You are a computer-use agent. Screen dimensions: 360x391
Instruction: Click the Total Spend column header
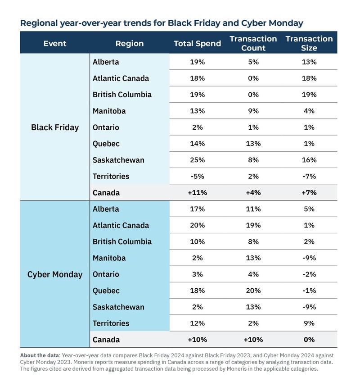pyautogui.click(x=197, y=43)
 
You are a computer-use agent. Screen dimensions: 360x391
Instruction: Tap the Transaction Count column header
pyautogui.click(x=253, y=43)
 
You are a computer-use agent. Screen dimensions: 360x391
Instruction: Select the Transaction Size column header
pyautogui.click(x=309, y=43)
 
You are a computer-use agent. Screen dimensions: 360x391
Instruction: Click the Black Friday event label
pyautogui.click(x=55, y=127)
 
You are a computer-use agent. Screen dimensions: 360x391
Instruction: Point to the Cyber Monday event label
pyautogui.click(x=55, y=274)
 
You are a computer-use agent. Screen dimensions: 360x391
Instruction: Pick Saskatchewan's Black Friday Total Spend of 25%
pyautogui.click(x=197, y=160)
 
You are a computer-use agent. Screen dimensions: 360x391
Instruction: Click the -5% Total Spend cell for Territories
pyautogui.click(x=197, y=176)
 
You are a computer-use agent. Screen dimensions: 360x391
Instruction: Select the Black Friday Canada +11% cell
pyautogui.click(x=197, y=192)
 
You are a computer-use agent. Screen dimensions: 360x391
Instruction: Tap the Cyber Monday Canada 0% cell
pyautogui.click(x=309, y=340)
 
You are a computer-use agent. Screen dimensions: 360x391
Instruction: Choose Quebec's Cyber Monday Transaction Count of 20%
pyautogui.click(x=253, y=291)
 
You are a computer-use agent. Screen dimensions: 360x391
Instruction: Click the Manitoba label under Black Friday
pyautogui.click(x=109, y=111)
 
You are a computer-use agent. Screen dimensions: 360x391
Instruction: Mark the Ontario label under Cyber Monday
pyautogui.click(x=106, y=274)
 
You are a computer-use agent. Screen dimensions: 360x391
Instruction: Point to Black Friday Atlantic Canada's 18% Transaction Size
pyautogui.click(x=309, y=78)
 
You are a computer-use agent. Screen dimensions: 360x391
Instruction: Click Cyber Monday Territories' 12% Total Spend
pyautogui.click(x=197, y=323)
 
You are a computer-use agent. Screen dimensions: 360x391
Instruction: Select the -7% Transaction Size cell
pyautogui.click(x=309, y=176)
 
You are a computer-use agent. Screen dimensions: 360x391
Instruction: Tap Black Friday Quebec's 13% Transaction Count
pyautogui.click(x=253, y=144)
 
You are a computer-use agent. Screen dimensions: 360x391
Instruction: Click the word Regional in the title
pyautogui.click(x=39, y=23)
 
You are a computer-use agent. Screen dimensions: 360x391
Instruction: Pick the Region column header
pyautogui.click(x=130, y=44)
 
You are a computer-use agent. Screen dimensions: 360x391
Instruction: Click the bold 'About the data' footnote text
pyautogui.click(x=40, y=355)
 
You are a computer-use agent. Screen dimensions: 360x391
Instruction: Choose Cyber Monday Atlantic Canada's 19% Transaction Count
pyautogui.click(x=253, y=225)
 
